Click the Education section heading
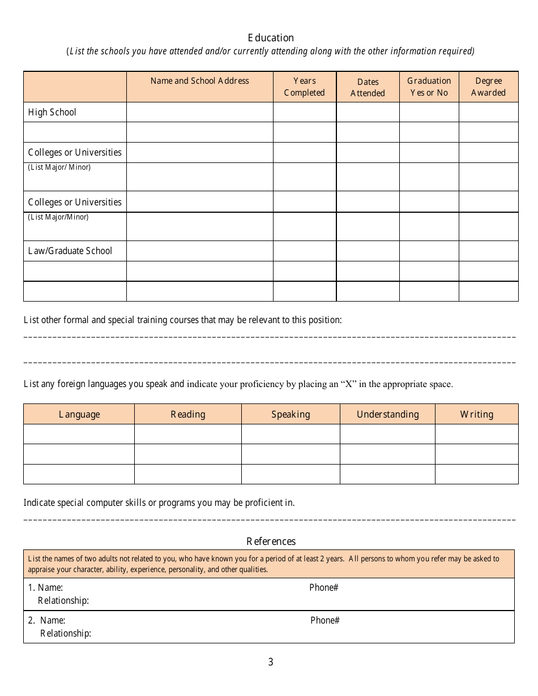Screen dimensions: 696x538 (271, 38)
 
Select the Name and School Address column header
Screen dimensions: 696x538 (199, 81)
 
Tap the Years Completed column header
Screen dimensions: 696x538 (305, 87)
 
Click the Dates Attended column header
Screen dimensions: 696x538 (368, 88)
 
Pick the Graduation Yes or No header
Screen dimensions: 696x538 (429, 87)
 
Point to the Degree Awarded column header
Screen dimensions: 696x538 (488, 87)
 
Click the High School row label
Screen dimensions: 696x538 (52, 112)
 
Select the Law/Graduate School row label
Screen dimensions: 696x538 (70, 251)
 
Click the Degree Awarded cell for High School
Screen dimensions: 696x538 (488, 112)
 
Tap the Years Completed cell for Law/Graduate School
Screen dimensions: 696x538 (305, 251)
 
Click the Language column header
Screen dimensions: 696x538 (79, 414)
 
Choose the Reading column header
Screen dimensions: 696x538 (188, 414)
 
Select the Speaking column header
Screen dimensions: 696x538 (291, 414)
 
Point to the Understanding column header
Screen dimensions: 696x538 (387, 414)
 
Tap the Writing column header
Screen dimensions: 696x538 (476, 414)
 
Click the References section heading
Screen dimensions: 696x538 (271, 542)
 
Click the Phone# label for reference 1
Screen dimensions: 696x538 (323, 587)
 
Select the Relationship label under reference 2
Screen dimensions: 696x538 (66, 633)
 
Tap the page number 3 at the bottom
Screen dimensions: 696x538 (271, 662)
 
